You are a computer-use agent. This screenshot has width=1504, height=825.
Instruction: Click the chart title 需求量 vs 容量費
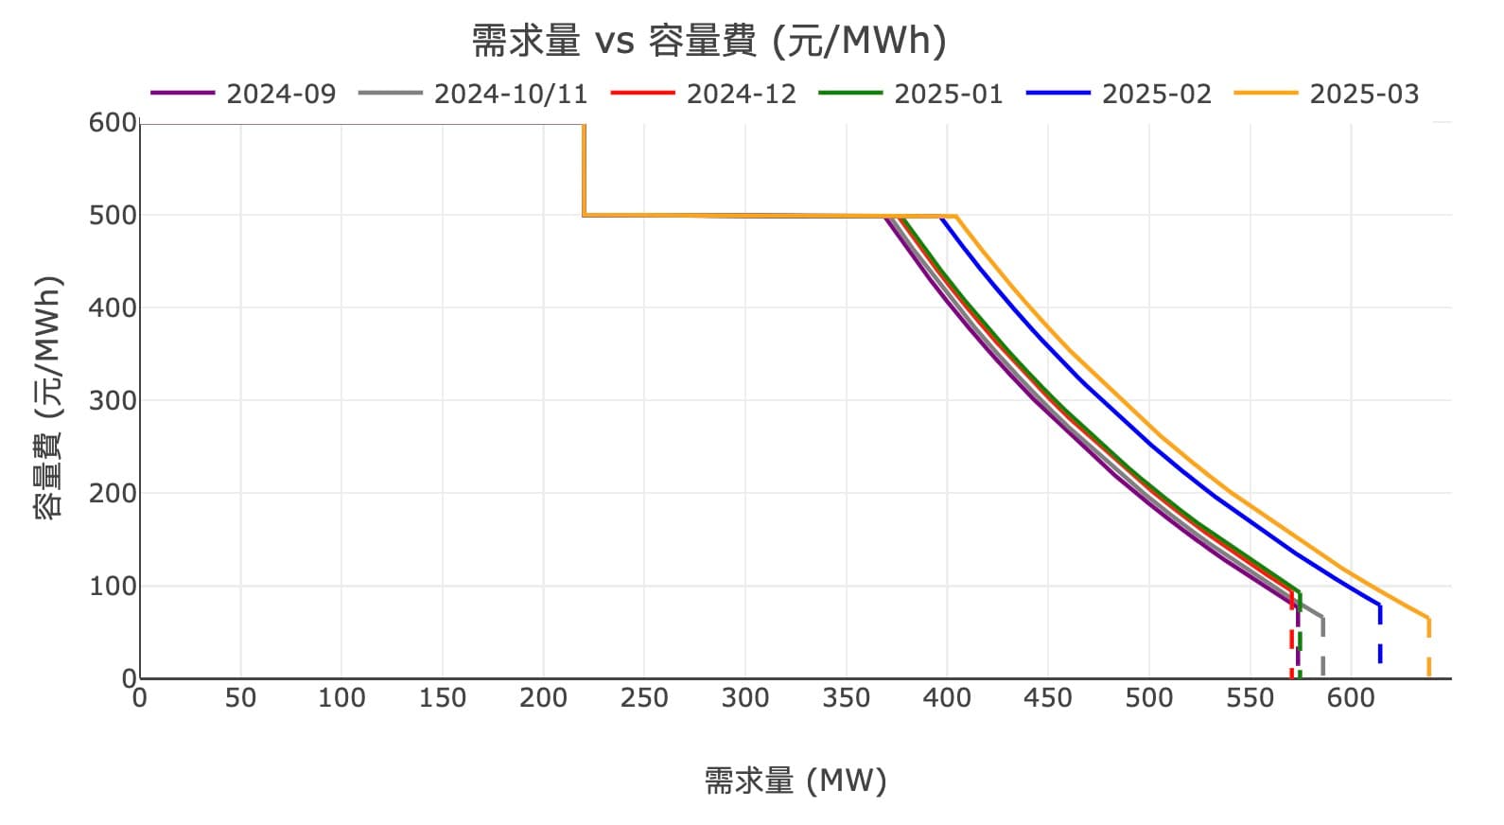coord(709,41)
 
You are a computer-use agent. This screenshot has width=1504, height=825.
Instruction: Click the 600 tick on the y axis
coord(113,123)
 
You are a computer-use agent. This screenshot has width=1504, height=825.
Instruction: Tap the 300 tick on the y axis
coord(113,400)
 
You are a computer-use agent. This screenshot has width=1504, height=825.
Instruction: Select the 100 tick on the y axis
coord(113,586)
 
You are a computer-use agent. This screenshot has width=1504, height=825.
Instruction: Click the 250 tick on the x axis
coord(644,698)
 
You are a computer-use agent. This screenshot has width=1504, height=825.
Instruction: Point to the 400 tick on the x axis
coord(947,698)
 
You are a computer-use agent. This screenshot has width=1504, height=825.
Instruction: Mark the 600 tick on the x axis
coord(1351,698)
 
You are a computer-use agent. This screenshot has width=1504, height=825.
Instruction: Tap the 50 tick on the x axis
coord(240,698)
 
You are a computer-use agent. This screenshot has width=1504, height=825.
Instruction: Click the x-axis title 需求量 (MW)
coord(796,781)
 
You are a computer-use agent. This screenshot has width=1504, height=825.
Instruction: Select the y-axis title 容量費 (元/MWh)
coord(48,397)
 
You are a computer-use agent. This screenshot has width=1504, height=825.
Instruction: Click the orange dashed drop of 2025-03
coord(1428,653)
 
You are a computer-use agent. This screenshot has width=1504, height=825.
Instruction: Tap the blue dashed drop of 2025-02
coord(1380,639)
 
